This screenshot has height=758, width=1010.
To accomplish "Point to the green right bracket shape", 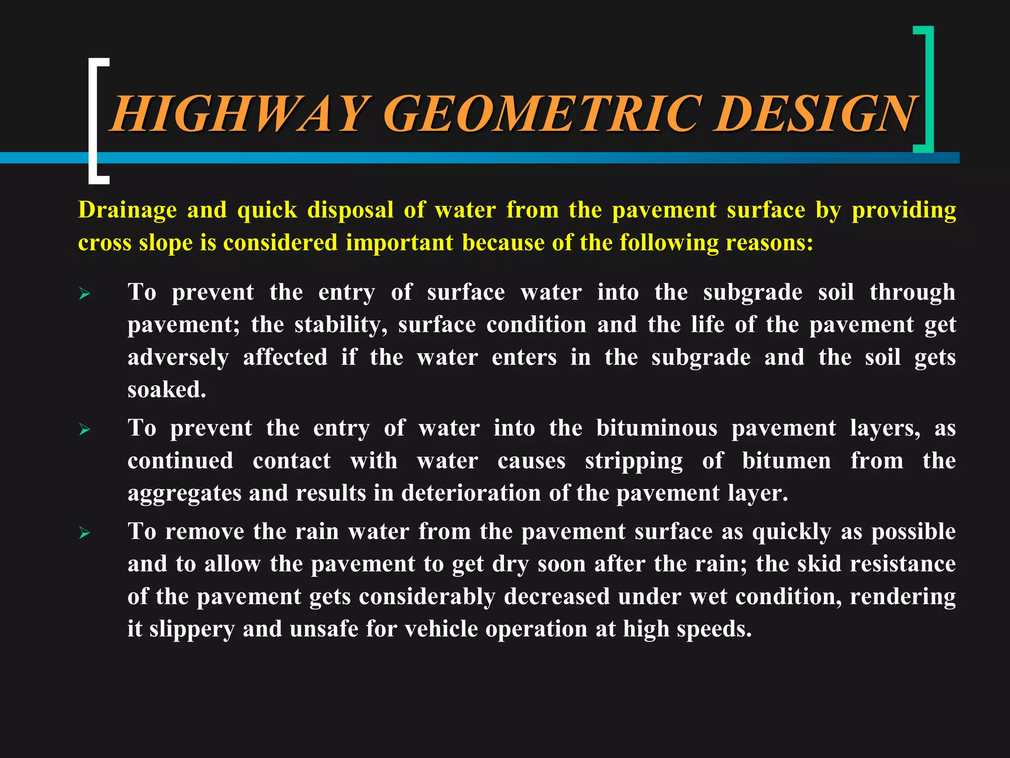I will pyautogui.click(x=929, y=89).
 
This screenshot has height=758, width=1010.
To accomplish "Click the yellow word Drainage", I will pyautogui.click(x=127, y=210).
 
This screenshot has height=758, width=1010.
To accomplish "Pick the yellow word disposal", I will pyautogui.click(x=350, y=210).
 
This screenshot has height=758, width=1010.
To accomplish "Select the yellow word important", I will pyautogui.click(x=399, y=243).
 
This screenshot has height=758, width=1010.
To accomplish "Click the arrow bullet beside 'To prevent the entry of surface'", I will pyautogui.click(x=85, y=295).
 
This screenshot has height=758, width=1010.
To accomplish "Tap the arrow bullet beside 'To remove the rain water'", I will pyautogui.click(x=85, y=533).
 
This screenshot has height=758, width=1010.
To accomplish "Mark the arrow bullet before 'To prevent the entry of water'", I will pyautogui.click(x=85, y=430).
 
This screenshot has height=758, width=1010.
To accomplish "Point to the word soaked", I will pyautogui.click(x=167, y=390).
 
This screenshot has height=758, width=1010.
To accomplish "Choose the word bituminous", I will pyautogui.click(x=656, y=428).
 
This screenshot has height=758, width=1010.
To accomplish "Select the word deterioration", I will pyautogui.click(x=471, y=493).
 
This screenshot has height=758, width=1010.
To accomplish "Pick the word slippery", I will pyautogui.click(x=192, y=630).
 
